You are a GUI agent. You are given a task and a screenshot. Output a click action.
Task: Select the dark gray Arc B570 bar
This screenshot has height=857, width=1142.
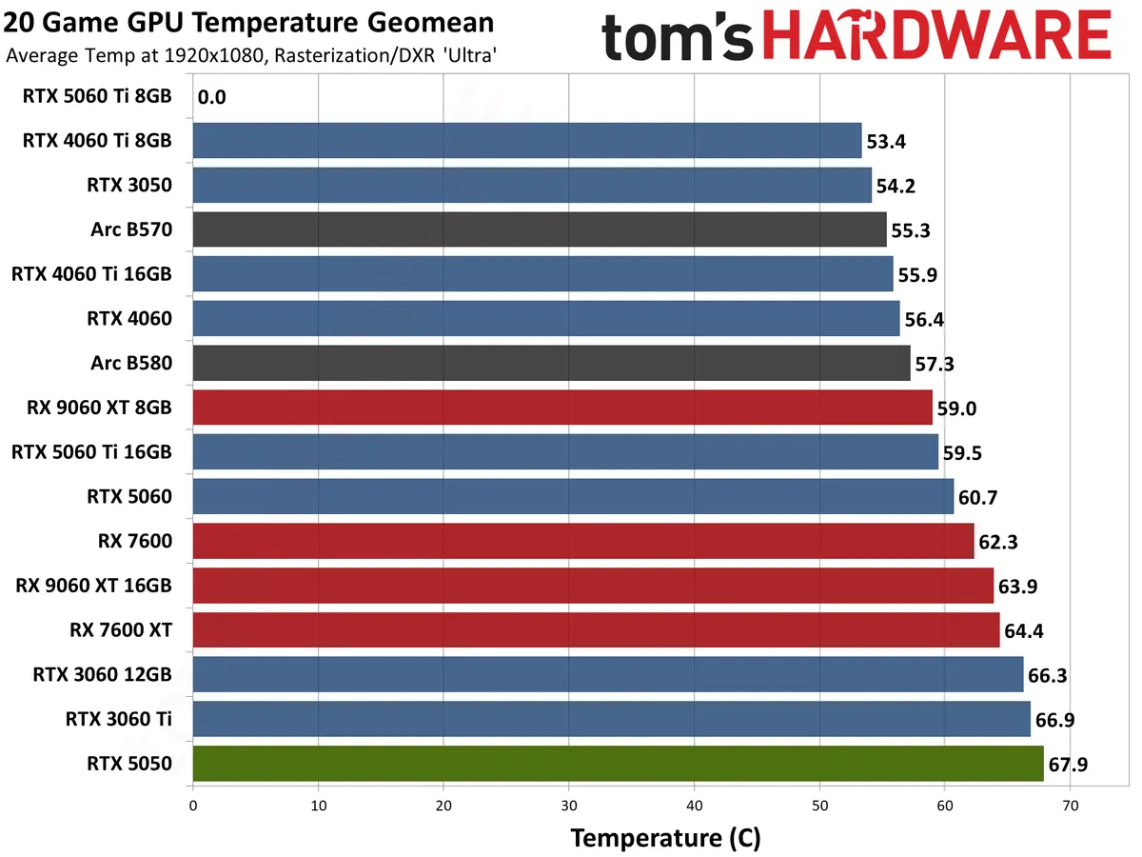(540, 229)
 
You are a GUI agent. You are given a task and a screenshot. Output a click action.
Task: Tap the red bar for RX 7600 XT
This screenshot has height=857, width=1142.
(596, 630)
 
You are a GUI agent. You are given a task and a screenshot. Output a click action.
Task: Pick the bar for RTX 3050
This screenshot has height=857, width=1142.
(532, 185)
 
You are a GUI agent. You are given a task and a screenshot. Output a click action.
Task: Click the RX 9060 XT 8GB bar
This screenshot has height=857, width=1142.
(562, 408)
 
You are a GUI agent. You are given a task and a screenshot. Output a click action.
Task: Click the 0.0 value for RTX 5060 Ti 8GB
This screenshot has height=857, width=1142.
(212, 97)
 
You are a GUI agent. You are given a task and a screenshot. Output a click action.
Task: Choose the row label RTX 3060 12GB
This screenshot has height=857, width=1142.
(103, 675)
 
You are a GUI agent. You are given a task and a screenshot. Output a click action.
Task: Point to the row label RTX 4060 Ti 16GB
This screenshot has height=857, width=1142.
(91, 274)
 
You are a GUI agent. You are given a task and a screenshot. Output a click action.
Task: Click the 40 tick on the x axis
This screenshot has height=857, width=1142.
(694, 806)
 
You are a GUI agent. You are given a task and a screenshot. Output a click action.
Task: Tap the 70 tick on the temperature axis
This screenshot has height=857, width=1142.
(1070, 806)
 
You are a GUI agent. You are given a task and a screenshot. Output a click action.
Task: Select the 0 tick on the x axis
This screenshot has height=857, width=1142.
(193, 806)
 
